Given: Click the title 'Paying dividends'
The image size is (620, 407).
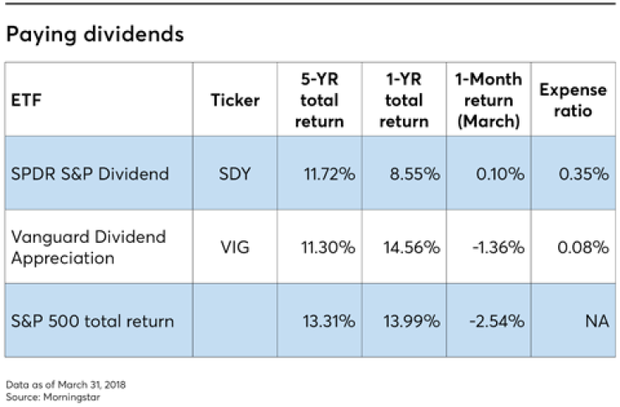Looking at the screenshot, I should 95,36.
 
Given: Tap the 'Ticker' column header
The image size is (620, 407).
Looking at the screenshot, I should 235,100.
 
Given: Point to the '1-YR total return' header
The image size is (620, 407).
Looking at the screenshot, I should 404,100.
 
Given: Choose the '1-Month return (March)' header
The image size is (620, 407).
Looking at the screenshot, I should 488,100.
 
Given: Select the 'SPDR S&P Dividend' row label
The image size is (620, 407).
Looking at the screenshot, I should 90,174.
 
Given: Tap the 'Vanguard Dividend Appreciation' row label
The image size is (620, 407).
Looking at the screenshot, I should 88,247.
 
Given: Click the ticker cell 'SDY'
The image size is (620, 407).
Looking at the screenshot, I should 235,174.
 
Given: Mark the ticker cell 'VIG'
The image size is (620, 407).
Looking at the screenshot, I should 235,247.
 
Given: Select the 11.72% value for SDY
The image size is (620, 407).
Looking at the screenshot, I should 329,174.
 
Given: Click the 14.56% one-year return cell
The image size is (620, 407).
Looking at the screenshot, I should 411,247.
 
